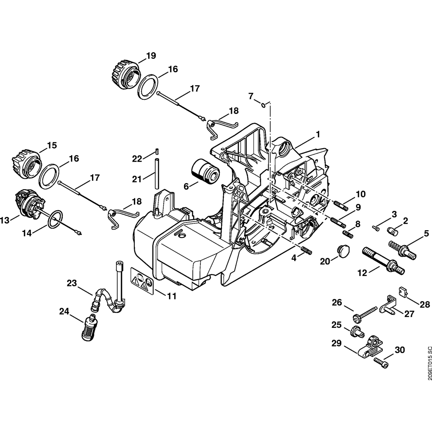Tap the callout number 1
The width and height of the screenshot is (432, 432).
318,134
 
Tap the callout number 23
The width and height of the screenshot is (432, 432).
72,284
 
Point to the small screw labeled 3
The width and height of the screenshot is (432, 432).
375,227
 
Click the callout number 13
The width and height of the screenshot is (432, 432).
5,221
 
